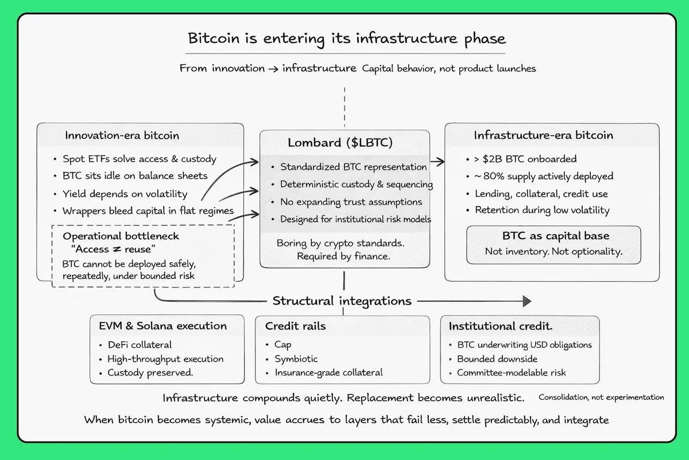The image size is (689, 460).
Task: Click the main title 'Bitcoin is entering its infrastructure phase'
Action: (347, 39)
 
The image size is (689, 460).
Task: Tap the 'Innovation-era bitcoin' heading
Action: (122, 136)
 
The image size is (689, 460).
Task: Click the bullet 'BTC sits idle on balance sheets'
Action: (135, 176)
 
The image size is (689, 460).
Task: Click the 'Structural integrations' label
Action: (342, 301)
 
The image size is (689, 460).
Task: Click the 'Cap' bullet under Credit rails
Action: (282, 344)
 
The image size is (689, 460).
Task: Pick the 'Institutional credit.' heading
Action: (501, 326)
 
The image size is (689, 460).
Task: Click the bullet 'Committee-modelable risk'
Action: (511, 373)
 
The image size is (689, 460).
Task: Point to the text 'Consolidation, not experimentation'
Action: (601, 397)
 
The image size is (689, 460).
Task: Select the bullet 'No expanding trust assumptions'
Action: (352, 202)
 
